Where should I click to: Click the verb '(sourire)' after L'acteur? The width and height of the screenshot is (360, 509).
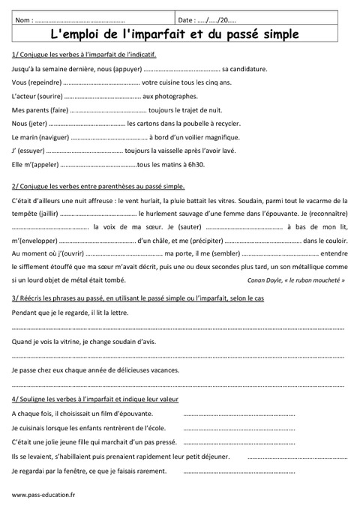click(x=49, y=96)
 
